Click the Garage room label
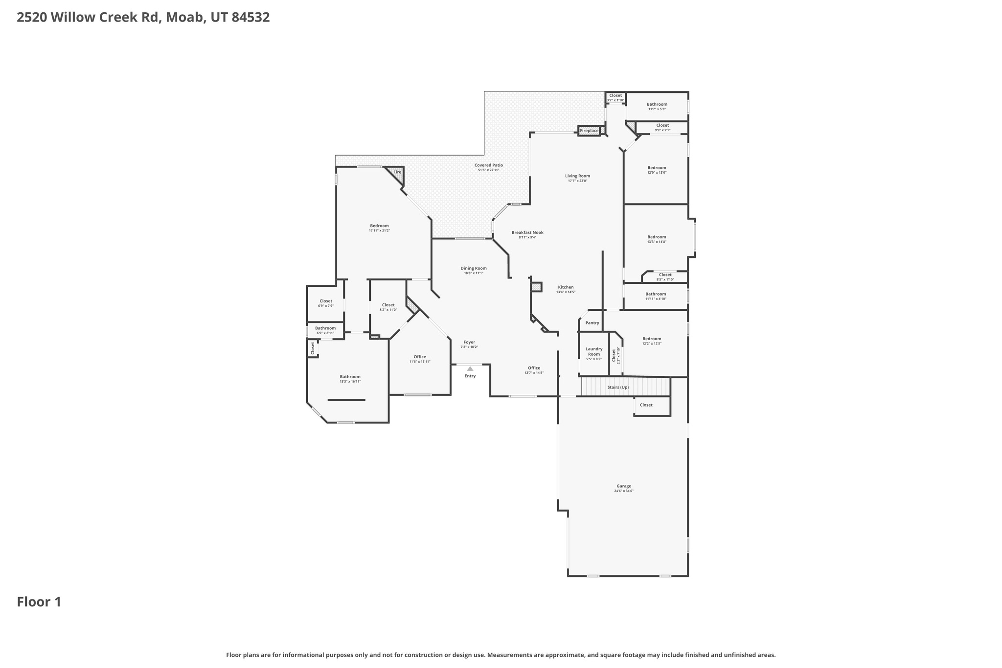tap(623, 486)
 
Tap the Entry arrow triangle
tap(470, 369)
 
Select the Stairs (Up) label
tap(618, 387)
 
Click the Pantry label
tap(592, 322)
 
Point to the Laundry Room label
tap(593, 351)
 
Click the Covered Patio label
tap(488, 165)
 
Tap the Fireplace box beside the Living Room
tap(589, 131)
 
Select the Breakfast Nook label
tap(527, 232)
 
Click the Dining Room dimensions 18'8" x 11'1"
tap(474, 273)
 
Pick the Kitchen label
tap(566, 287)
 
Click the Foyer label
tap(469, 342)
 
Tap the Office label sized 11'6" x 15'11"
tap(420, 357)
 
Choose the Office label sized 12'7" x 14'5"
tap(534, 368)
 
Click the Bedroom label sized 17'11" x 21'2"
tap(379, 226)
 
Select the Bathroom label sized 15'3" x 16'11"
tap(350, 377)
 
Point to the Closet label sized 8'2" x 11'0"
tap(388, 305)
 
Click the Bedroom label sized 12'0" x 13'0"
tap(657, 167)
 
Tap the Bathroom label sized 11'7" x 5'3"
tap(657, 104)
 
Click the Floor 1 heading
tap(39, 602)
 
